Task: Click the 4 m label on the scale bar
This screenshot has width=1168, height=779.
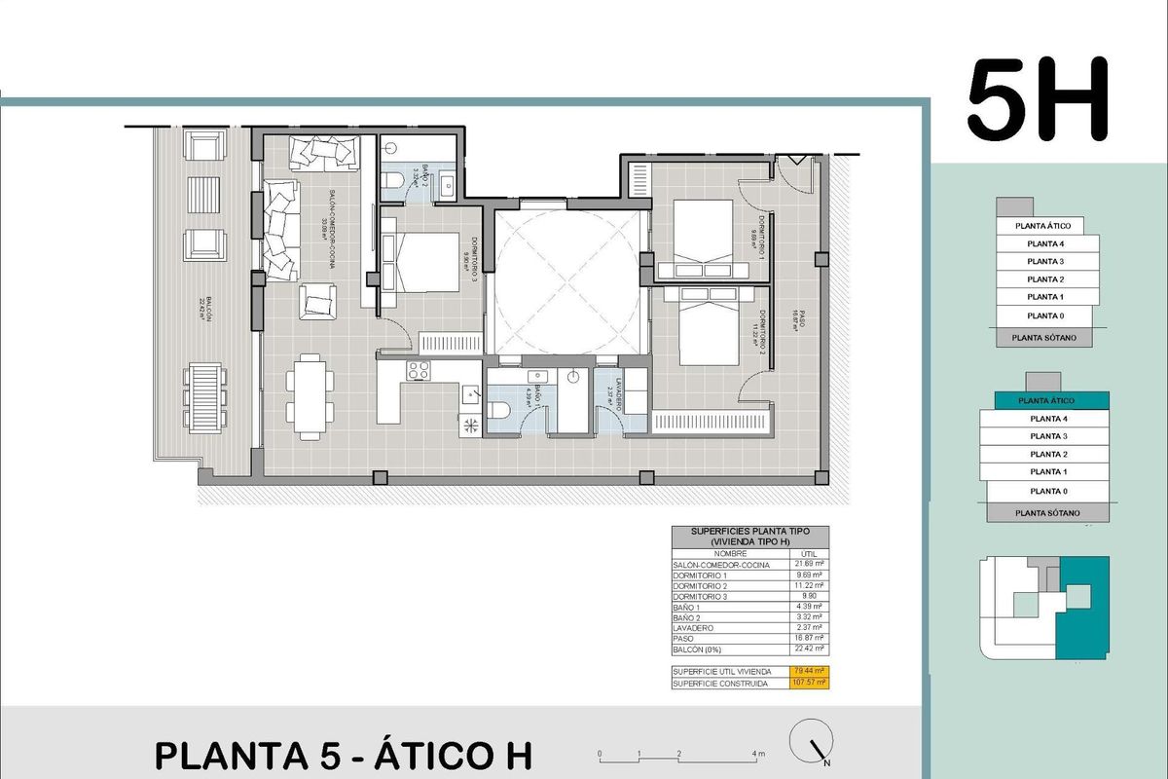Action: (x=758, y=754)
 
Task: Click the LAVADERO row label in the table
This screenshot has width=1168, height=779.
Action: (x=693, y=628)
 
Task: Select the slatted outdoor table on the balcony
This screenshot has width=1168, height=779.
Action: (x=204, y=397)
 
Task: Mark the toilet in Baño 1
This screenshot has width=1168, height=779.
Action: (x=499, y=411)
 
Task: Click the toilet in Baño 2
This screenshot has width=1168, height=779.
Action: (x=391, y=181)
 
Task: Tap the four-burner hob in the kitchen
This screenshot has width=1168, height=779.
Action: (x=419, y=370)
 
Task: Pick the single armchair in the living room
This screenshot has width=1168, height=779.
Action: (x=318, y=301)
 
